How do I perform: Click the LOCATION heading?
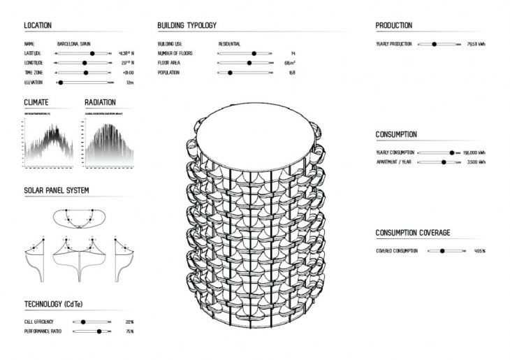tap(38, 26)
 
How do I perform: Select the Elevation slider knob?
tap(61, 82)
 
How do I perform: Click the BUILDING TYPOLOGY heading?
tap(187, 26)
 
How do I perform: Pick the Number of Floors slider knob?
tap(254, 53)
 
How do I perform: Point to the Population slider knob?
tap(230, 73)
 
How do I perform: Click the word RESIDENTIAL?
tap(230, 44)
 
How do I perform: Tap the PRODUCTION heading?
tap(393, 26)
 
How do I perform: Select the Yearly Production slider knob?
tap(434, 44)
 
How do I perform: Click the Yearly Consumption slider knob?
tap(452, 152)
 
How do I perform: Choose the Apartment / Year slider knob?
tap(444, 162)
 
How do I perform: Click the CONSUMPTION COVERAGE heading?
tap(412, 233)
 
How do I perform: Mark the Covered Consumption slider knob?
tap(442, 251)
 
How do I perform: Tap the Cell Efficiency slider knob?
tap(83, 322)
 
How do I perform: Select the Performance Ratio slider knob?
tap(99, 332)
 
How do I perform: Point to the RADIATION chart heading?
tap(100, 102)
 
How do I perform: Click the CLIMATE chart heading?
tap(36, 102)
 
